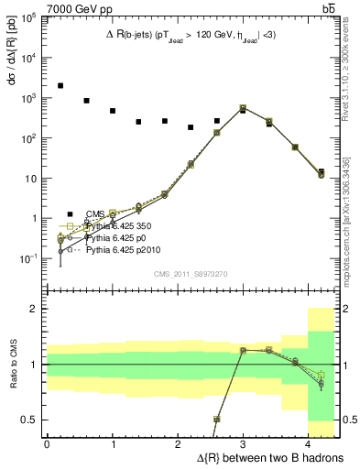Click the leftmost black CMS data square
coord(60,85)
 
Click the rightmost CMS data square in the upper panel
coord(321,171)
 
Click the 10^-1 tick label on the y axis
coord(28,259)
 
